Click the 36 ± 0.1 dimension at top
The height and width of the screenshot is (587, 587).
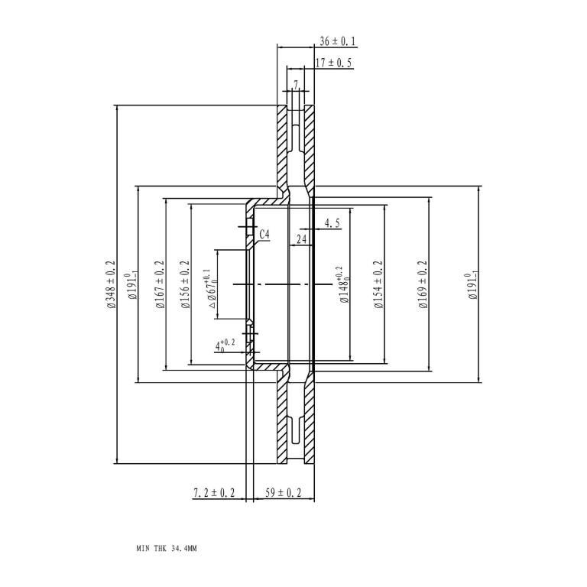coord(337,41)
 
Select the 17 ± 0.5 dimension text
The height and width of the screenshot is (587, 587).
coord(334,63)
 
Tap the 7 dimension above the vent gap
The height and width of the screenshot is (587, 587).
coord(296,85)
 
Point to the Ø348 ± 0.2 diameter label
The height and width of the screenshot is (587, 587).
coord(111,284)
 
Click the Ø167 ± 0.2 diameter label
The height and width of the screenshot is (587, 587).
coord(160,284)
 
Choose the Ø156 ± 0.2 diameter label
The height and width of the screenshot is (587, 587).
coord(185,284)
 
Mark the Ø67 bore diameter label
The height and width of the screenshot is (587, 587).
coord(212,289)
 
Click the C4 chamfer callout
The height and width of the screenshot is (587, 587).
coord(264,235)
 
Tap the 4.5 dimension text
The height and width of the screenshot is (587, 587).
coord(332,223)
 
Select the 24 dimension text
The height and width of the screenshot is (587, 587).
coord(301,239)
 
